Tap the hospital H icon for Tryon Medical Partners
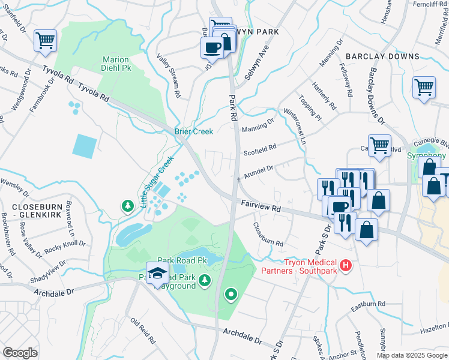(345, 265)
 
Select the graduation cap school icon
(157, 273)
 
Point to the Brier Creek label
(194, 131)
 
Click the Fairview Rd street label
(261, 206)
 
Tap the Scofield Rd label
(259, 148)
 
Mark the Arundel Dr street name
(258, 170)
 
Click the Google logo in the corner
(20, 353)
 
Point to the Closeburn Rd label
(268, 235)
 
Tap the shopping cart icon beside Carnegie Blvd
(379, 145)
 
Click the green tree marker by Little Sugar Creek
(127, 206)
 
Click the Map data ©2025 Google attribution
(412, 355)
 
